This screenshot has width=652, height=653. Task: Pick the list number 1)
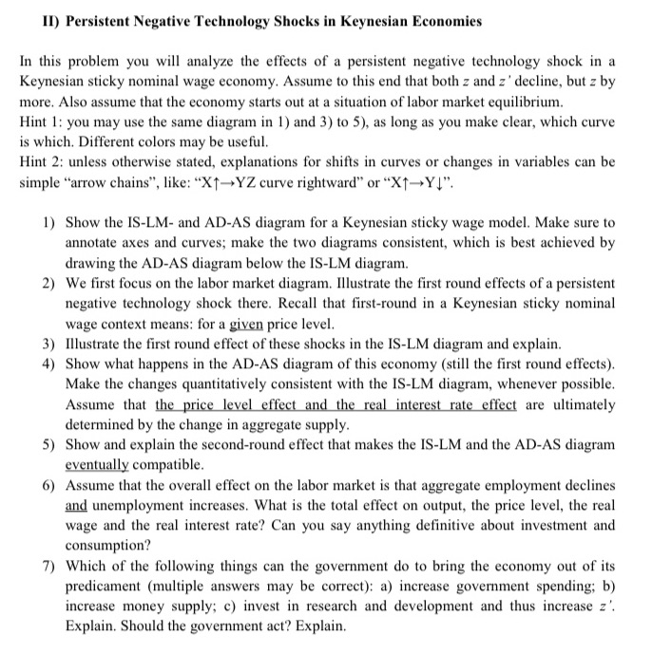[47, 222]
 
